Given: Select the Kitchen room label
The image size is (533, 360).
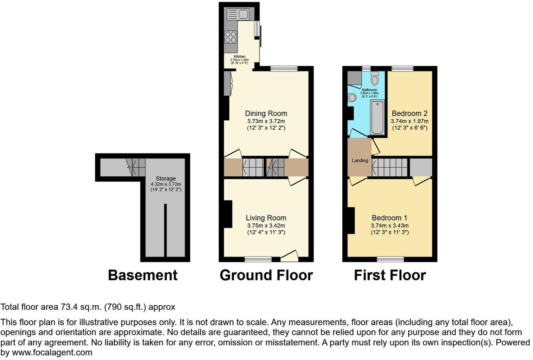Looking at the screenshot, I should coord(240,56).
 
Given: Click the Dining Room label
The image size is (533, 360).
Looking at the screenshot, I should coord(266,113).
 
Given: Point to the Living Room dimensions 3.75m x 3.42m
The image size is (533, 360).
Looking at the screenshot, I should coord(266,225).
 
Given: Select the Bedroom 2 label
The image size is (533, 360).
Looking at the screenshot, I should coord(410,113).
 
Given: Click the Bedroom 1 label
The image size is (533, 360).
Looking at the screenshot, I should coord(390,218).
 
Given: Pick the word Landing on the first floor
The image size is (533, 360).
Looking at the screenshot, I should coord(360,160).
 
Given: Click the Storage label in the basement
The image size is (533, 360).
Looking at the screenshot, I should coord(166,178).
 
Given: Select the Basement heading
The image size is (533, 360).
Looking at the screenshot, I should coord(143,275).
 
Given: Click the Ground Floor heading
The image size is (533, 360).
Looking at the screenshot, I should coord(266,275).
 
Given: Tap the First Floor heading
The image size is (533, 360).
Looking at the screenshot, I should coord(390,275).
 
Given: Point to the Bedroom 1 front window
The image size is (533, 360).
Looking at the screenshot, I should coord(390,259).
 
